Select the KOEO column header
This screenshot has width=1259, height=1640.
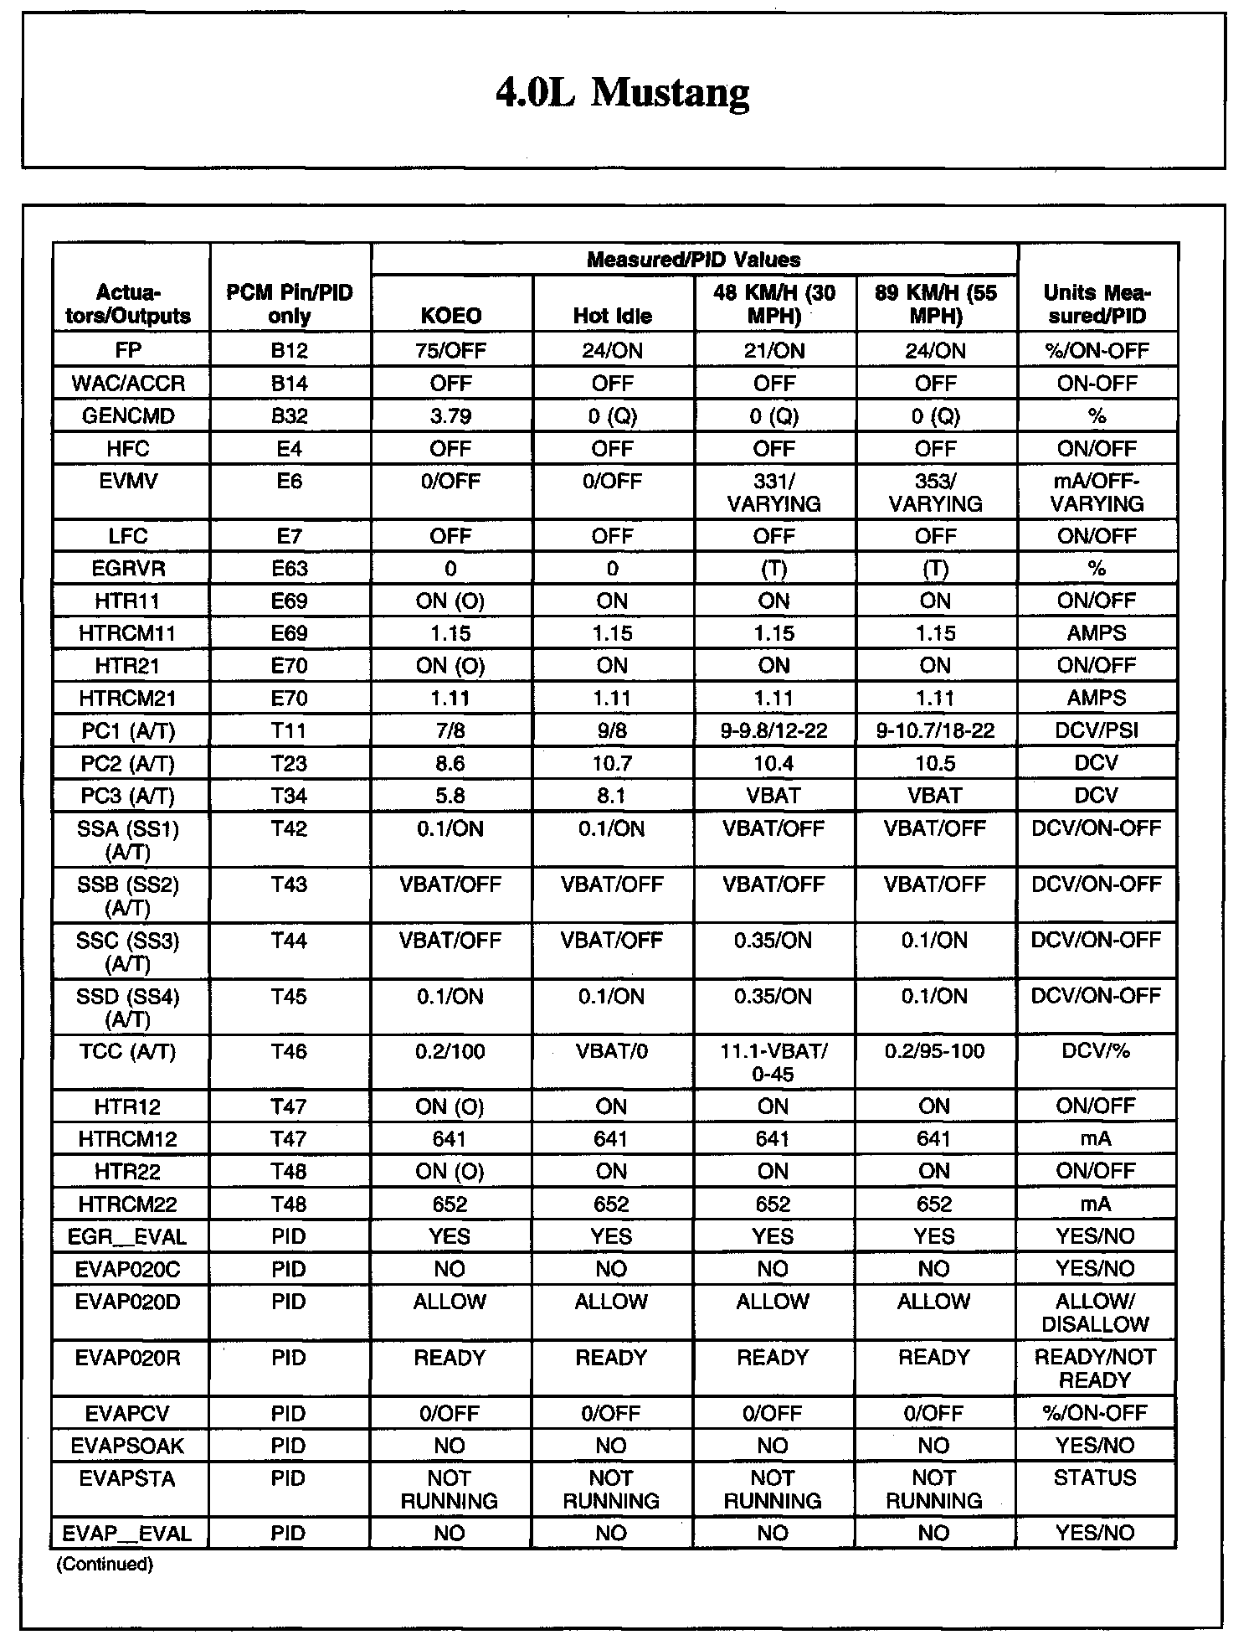(x=450, y=316)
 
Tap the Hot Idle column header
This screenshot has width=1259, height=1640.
(x=612, y=316)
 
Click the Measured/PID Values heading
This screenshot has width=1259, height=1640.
(x=693, y=260)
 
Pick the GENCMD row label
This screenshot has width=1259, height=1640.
(x=127, y=416)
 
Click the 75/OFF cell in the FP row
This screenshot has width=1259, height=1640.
(x=450, y=350)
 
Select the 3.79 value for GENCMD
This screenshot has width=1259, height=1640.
(x=450, y=416)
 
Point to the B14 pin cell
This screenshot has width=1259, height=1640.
(x=289, y=384)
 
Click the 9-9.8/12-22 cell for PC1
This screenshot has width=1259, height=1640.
(x=773, y=731)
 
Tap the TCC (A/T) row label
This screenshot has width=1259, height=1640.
(x=127, y=1052)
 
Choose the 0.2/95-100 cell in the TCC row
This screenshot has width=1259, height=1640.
(x=934, y=1052)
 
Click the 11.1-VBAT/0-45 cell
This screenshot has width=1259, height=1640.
(x=773, y=1063)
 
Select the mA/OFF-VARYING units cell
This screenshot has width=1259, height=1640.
(x=1097, y=493)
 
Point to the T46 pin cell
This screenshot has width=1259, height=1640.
(x=289, y=1052)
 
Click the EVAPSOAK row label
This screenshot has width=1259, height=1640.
(x=127, y=1446)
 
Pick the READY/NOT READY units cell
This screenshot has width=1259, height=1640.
(x=1096, y=1369)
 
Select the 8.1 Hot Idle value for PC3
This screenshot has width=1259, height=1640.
(x=612, y=796)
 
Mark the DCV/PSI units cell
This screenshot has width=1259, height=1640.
(x=1097, y=731)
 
